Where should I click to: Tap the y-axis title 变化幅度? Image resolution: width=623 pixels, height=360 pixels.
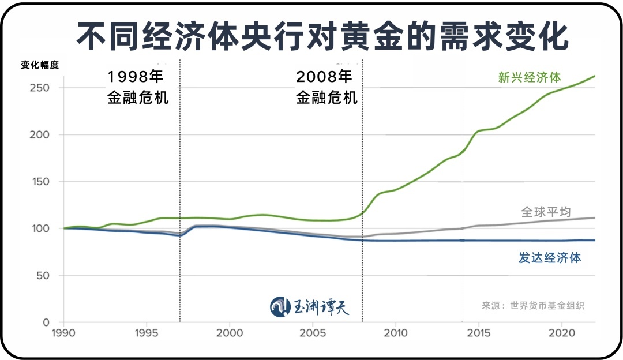[40, 65]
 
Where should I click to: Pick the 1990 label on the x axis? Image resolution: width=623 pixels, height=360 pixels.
[63, 333]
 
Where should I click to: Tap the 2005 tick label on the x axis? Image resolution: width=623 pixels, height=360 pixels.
[313, 333]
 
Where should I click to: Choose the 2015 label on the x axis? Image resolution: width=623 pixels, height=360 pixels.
[478, 333]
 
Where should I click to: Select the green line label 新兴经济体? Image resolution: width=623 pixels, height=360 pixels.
[530, 78]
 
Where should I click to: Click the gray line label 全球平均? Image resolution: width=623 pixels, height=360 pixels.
[546, 212]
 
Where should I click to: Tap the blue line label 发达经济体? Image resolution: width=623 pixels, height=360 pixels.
[550, 258]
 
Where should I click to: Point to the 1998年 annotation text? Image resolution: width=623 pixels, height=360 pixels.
[136, 77]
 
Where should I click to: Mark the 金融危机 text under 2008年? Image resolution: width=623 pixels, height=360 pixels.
[326, 97]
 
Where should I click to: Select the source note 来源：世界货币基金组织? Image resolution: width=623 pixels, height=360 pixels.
[533, 306]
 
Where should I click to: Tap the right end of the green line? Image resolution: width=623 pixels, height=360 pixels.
[594, 76]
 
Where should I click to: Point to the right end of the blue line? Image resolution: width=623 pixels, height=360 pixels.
[594, 240]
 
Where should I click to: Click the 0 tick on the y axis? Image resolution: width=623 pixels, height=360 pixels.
[46, 322]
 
